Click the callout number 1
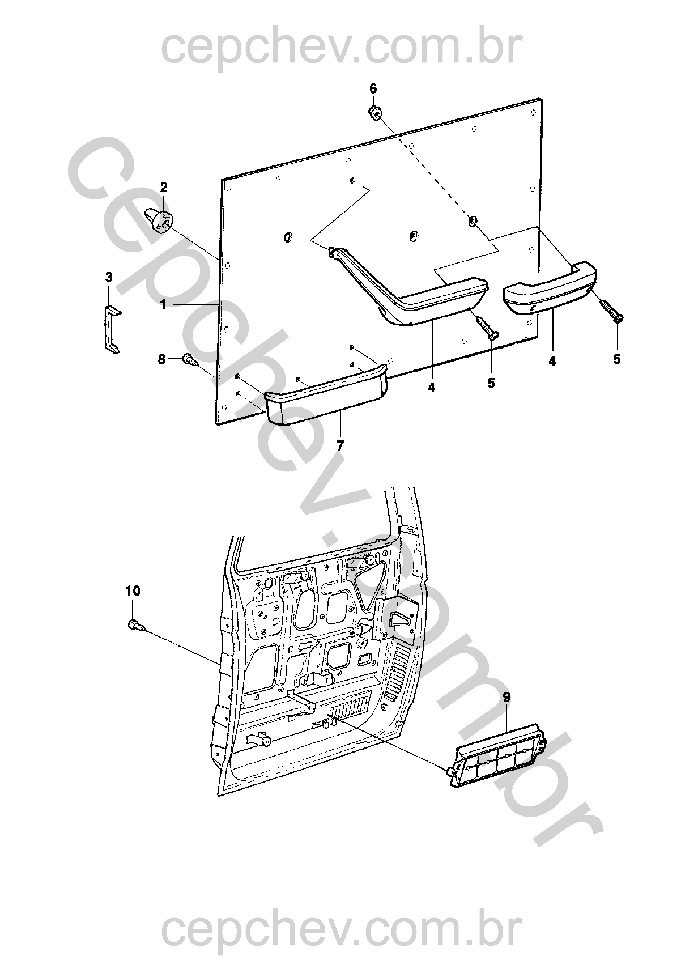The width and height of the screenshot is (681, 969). tap(163, 305)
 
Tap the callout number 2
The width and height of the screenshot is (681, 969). tap(163, 188)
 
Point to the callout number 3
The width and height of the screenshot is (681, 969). tap(109, 277)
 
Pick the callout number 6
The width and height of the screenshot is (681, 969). tap(373, 88)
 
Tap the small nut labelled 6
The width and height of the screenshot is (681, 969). tap(374, 112)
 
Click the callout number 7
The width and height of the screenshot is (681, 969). tap(341, 445)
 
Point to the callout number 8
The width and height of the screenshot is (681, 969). tap(161, 359)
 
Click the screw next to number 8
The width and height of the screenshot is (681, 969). tap(191, 360)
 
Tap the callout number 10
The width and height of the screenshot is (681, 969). tap(133, 590)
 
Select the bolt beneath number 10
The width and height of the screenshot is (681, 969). tap(137, 624)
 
